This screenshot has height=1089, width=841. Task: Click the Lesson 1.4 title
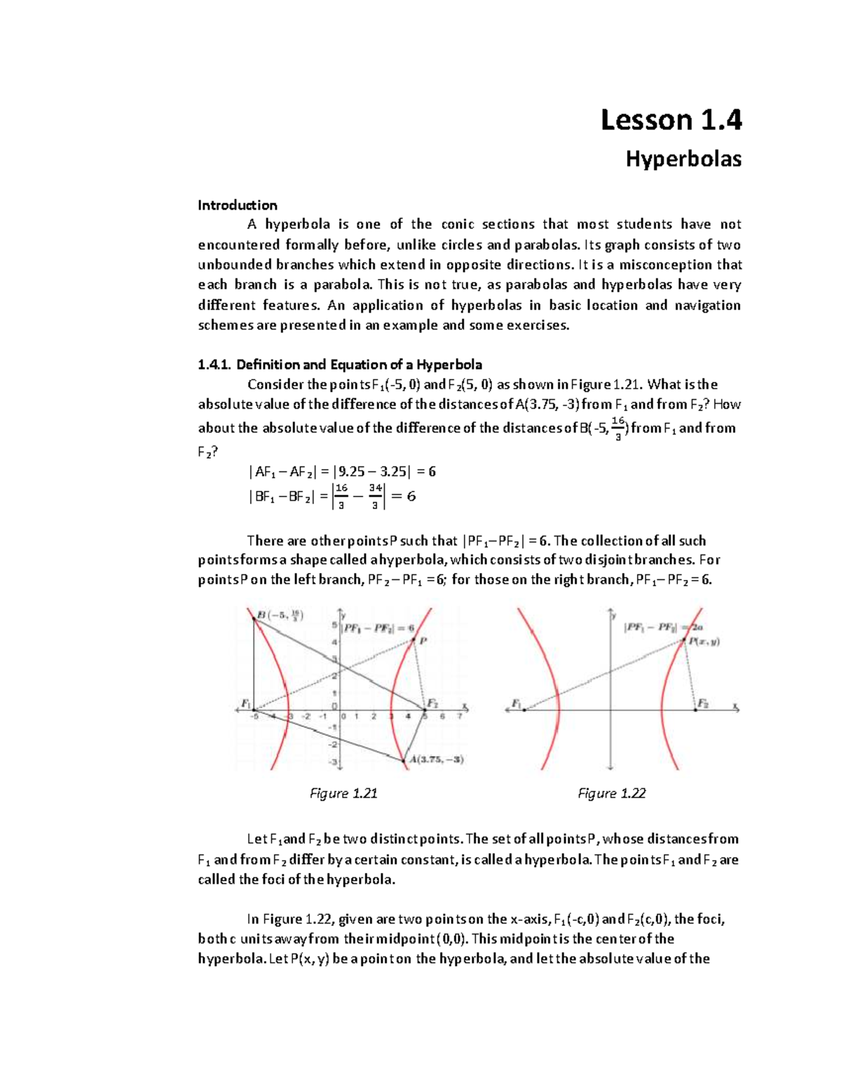pos(671,121)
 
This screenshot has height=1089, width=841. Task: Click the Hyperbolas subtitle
pos(683,159)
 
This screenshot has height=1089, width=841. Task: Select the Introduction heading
pos(237,205)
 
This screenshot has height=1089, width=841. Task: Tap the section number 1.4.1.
pos(214,365)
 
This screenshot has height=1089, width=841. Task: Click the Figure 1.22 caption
pos(611,793)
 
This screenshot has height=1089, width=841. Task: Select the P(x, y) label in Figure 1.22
pos(704,641)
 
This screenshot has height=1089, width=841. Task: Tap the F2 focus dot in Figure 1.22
pos(695,710)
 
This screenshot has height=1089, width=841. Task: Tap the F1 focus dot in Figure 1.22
pos(524,710)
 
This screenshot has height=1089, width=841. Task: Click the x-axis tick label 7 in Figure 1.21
pos(459,717)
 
